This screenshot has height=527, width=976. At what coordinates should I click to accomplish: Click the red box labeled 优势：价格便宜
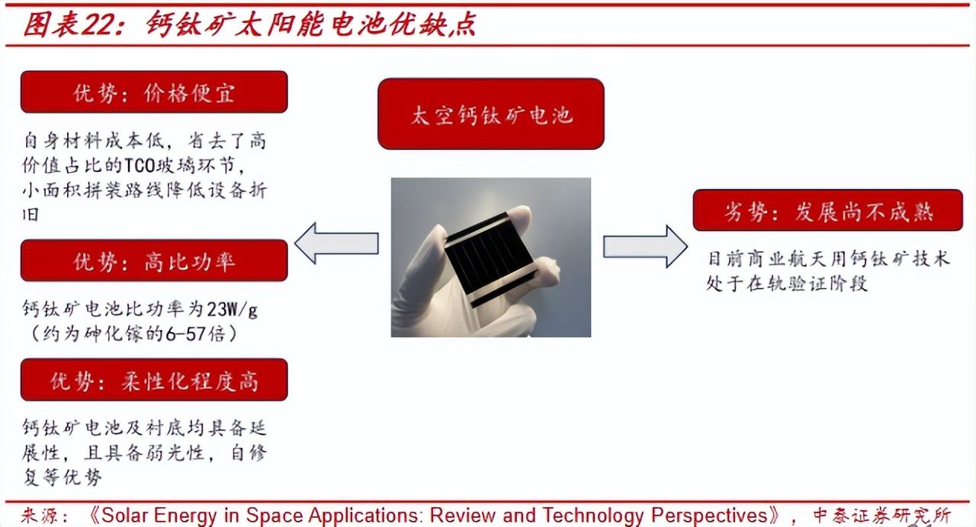(154, 92)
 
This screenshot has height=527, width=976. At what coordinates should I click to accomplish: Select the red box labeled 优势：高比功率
(154, 260)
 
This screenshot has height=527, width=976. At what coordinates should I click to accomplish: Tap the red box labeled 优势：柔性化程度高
(154, 379)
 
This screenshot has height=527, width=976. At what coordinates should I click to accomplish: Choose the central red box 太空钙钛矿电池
(490, 114)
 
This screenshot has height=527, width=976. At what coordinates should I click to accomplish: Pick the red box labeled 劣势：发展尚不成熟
(828, 210)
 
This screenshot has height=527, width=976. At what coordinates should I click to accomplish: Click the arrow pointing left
(336, 243)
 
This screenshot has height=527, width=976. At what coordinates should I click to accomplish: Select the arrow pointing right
(645, 247)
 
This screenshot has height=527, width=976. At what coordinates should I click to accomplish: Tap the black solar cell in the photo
(490, 260)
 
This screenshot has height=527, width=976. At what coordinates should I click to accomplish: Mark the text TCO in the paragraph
(140, 166)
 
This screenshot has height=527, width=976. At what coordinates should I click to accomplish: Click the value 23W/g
(232, 310)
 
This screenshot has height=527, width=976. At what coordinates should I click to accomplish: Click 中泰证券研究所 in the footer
(882, 516)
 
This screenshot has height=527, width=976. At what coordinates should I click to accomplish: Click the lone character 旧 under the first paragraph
(30, 215)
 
